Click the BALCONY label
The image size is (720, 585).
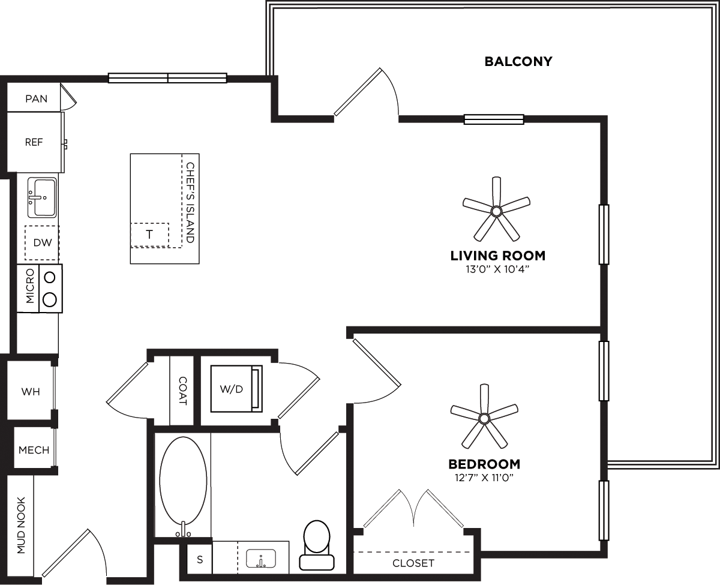[x=518, y=61]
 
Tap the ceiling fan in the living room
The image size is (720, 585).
[x=496, y=211]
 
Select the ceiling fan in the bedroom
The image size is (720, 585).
[x=484, y=418]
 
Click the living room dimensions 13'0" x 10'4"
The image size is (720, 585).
[x=497, y=269]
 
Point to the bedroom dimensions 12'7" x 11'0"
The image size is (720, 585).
[x=484, y=478]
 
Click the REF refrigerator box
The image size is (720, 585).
[x=34, y=143]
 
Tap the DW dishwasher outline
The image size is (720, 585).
[x=42, y=242]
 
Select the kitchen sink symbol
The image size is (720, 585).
[x=42, y=197]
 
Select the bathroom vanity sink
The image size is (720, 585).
[x=261, y=559]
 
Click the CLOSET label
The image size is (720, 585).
[x=413, y=563]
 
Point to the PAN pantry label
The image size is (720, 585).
[x=36, y=98]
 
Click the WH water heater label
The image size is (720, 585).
[x=31, y=392]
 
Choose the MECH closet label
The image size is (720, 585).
[x=34, y=449]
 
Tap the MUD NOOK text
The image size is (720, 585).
[x=21, y=525]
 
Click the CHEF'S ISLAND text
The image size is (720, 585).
[x=190, y=202]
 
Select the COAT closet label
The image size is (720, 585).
[x=182, y=391]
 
